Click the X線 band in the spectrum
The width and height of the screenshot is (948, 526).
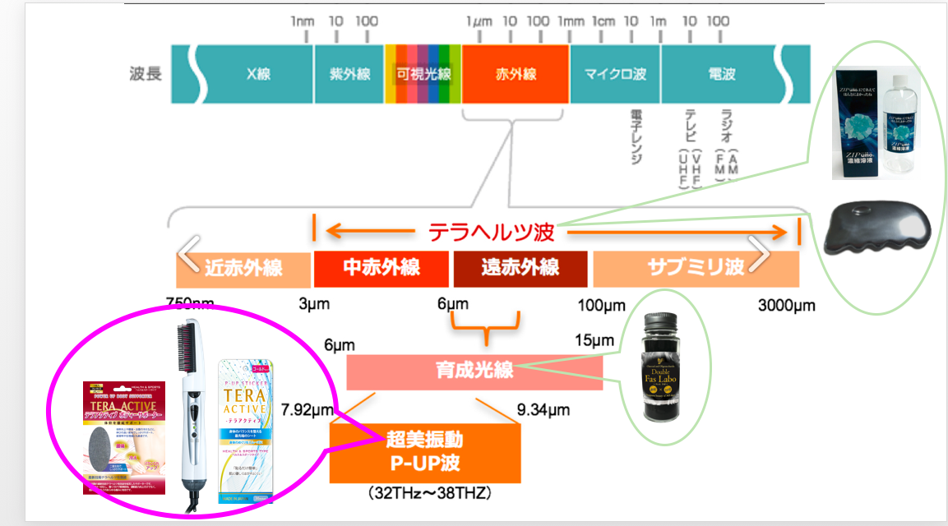pos(257,74)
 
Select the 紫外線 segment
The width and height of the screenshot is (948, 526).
pos(346,74)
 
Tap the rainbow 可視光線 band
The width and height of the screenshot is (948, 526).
pos(423,74)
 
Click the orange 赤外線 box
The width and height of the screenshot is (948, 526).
pos(516,74)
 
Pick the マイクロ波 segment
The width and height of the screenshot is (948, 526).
pos(615,74)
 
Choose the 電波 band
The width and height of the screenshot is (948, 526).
pos(721,74)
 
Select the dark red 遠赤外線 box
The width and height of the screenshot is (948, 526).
pos(520,268)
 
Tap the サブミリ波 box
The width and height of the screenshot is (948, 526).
pos(696,268)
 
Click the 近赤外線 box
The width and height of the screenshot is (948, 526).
pos(243,268)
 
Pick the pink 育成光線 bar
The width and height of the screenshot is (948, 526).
pos(474,371)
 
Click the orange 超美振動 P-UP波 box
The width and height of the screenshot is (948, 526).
pos(425,452)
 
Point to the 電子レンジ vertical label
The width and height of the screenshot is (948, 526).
pos(635,136)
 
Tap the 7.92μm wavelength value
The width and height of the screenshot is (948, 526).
pos(306,409)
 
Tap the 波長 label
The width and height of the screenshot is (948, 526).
pos(146,74)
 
